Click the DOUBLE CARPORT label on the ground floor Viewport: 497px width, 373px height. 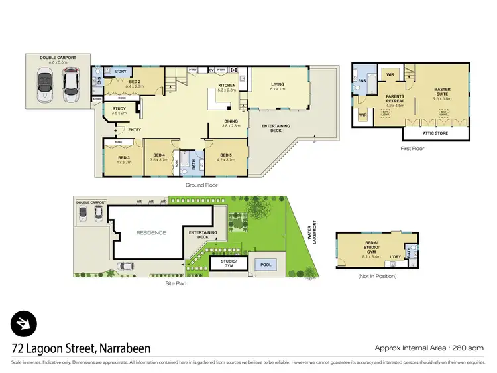[58, 58]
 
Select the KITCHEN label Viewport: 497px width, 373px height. [227, 86]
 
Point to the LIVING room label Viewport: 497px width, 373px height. [277, 84]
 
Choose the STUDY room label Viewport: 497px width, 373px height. [119, 110]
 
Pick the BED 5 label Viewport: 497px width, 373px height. [226, 157]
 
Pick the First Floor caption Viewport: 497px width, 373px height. [412, 148]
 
